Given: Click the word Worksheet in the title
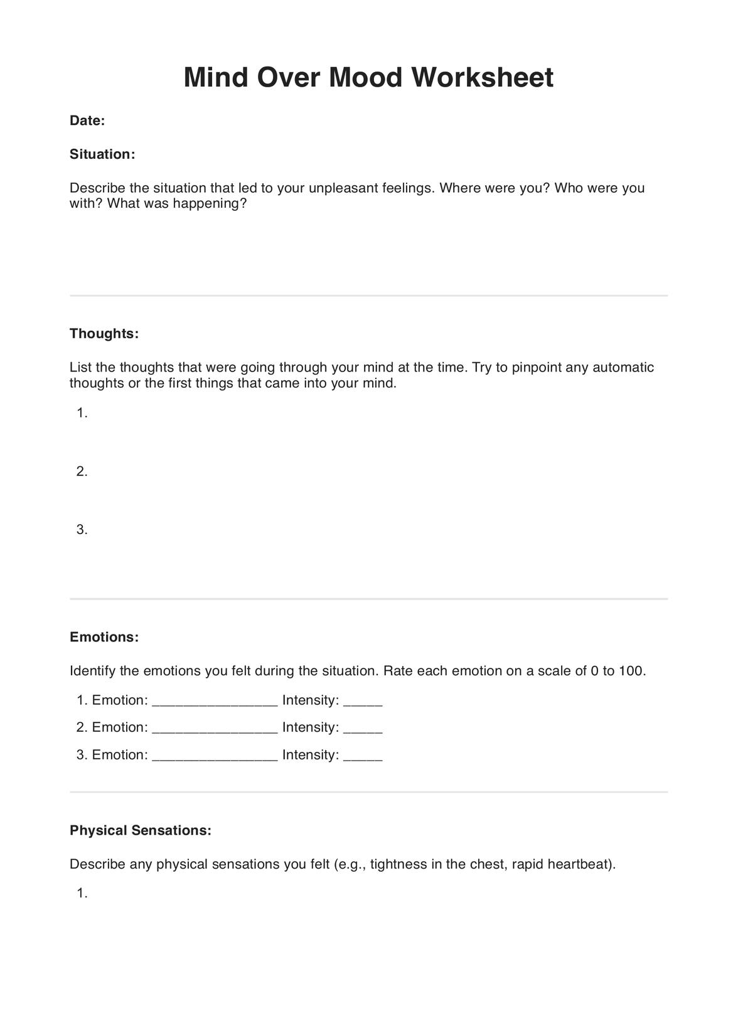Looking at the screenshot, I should click(482, 78).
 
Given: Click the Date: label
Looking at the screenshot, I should click(87, 121).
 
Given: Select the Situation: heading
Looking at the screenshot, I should click(102, 154).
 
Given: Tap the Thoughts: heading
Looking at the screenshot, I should click(104, 334).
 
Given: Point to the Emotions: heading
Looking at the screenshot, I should click(104, 637).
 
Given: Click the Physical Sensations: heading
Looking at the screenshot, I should click(141, 830).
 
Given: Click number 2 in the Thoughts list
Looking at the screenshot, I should click(82, 471).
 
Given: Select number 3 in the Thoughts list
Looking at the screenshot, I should click(82, 530).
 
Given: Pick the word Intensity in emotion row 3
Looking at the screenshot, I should click(310, 755).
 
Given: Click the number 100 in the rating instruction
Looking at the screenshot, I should click(631, 671).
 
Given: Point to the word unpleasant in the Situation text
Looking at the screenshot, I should click(343, 188).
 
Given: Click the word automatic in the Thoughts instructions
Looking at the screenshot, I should click(623, 368).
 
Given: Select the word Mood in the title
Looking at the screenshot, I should click(365, 78).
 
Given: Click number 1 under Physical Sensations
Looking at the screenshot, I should click(82, 893).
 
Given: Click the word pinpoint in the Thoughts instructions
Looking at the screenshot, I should click(537, 368).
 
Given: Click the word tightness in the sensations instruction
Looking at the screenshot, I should click(398, 864).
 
